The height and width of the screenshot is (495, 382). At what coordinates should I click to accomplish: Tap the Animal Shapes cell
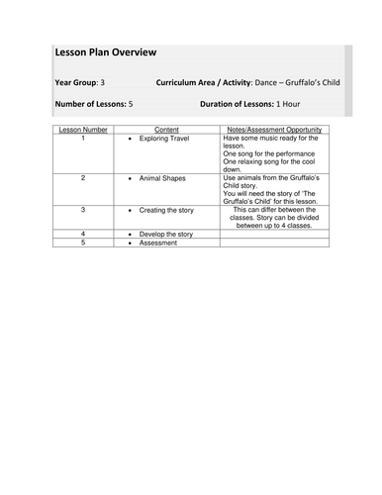tap(165, 177)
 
